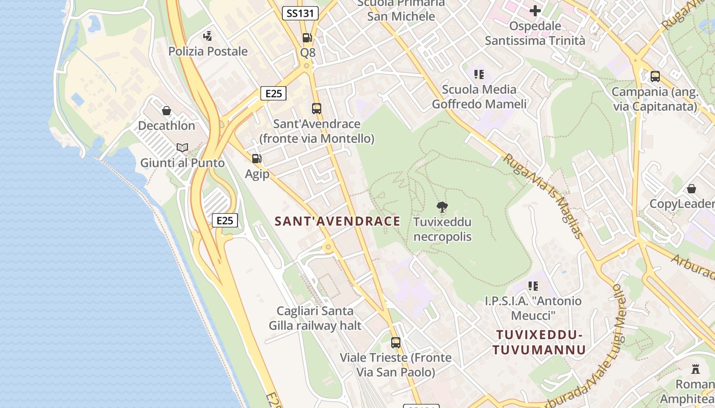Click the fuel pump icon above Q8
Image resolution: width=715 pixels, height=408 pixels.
tap(307, 38)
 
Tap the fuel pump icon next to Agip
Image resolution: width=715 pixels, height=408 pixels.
tap(256, 159)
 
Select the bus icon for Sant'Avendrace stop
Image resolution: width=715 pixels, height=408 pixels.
tap(317, 109)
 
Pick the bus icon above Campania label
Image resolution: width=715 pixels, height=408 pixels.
tap(655, 76)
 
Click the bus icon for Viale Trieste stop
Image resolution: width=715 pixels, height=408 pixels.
tap(396, 343)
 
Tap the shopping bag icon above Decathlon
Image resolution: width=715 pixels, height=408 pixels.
tap(166, 111)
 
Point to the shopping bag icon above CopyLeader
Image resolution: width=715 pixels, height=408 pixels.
tap(692, 189)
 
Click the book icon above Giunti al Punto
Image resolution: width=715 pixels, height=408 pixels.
tap(182, 148)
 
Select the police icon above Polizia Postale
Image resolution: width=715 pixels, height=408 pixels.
tap(207, 36)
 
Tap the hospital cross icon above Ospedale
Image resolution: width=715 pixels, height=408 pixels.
tap(535, 10)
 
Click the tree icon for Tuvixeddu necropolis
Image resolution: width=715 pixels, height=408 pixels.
tap(442, 207)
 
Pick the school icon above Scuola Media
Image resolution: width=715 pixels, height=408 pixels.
tap(479, 74)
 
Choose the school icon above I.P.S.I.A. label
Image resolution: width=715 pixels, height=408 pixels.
tap(533, 286)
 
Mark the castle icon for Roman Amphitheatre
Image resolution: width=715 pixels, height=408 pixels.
tap(696, 369)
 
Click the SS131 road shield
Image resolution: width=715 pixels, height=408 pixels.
tap(300, 13)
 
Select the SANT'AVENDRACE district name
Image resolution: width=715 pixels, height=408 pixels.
tap(338, 221)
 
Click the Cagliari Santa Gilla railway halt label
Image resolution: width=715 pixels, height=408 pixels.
tap(315, 318)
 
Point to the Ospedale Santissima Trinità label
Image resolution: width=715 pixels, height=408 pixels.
tap(535, 33)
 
